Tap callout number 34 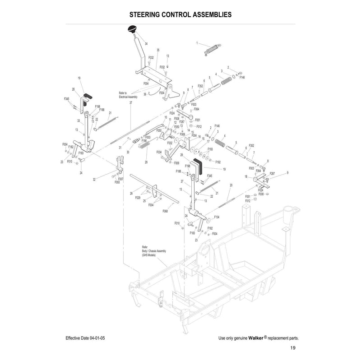pos(146,43)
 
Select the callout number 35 pos(158,50)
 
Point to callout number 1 pos(197,43)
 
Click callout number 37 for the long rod pos(130,103)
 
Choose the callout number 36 pos(144,94)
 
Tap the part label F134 pos(217,217)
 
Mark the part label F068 pos(165,211)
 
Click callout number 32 pos(94,179)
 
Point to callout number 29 pos(146,162)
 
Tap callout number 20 pos(231,185)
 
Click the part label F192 pos(218,162)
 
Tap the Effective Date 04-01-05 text pos(85,338)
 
